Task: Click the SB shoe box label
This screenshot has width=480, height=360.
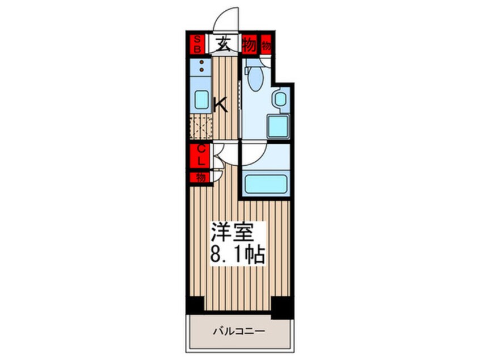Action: [197, 44]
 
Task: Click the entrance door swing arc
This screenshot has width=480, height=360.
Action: [226, 20]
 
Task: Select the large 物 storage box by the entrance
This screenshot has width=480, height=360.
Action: [249, 44]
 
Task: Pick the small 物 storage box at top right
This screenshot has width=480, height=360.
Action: [266, 44]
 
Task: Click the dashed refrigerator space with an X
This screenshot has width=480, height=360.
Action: [201, 126]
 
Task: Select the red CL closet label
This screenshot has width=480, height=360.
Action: [200, 155]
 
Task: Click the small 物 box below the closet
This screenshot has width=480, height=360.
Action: [200, 177]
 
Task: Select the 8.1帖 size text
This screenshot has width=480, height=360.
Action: [238, 255]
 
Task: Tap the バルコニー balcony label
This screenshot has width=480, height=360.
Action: [239, 330]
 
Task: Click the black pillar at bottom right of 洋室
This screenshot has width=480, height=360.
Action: [281, 307]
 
